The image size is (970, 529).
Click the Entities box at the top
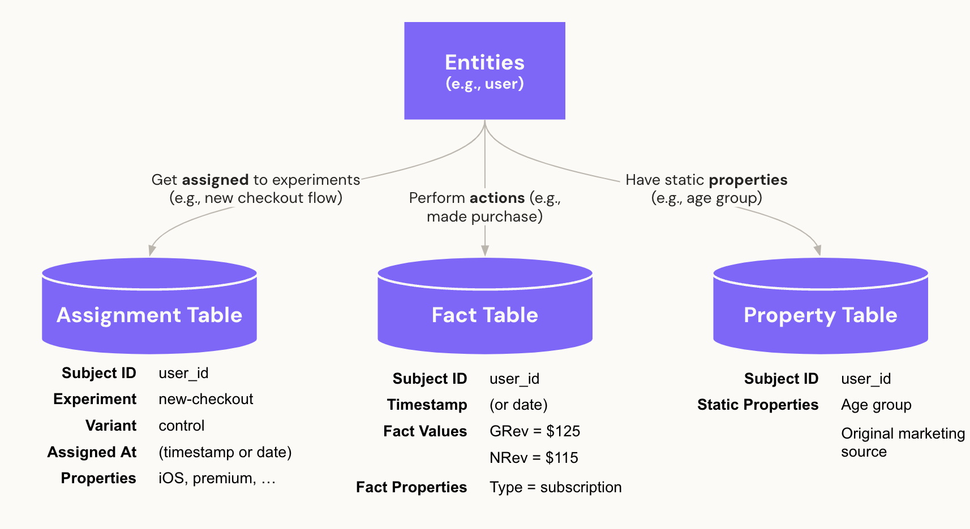coord(484,71)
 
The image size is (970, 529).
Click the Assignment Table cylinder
coord(149,314)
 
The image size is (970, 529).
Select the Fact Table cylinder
coord(484,314)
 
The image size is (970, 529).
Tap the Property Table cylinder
coord(820,314)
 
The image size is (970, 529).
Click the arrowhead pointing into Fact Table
coord(485,250)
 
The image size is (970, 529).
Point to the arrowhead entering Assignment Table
coord(152,250)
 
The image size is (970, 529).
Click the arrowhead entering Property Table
coord(817,250)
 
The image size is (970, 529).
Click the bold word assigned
coord(215,180)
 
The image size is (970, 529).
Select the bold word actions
coord(497,198)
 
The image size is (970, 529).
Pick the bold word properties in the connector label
coord(748,180)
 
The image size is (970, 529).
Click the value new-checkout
coord(206,399)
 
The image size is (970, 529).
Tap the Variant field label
coord(111,426)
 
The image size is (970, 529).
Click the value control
coord(182,426)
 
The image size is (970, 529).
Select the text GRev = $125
coord(535,431)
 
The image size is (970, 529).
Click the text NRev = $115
coord(534,458)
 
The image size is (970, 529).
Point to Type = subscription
coord(555,487)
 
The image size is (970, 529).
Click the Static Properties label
coord(758,405)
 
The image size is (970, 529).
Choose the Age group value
coord(876,405)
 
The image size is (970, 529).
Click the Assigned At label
coord(92,452)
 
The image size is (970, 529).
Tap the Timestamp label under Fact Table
coord(427,405)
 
